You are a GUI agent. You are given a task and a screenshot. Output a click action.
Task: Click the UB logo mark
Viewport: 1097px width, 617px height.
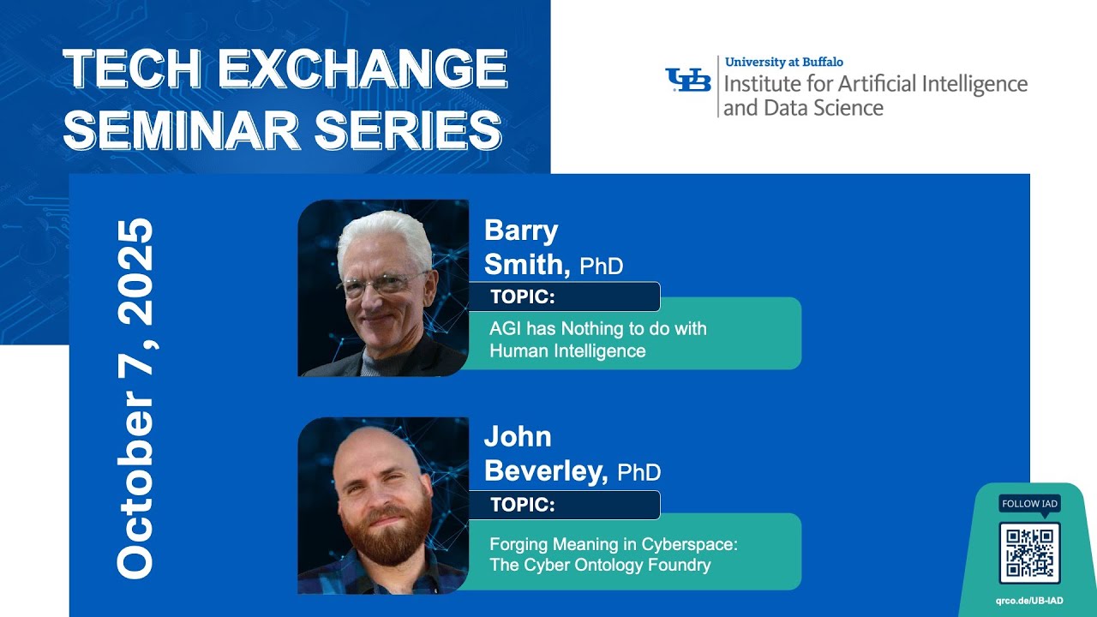[688, 80]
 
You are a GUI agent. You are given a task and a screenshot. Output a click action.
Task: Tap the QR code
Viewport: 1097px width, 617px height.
[1029, 553]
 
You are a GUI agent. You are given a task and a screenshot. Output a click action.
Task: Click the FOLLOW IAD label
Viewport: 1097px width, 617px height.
[1029, 504]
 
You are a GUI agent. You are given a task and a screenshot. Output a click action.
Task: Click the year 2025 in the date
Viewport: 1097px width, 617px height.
[135, 273]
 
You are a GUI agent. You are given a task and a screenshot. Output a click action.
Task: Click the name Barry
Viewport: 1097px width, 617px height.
[521, 231]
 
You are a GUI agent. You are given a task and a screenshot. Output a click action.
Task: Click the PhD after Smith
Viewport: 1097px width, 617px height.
[602, 267]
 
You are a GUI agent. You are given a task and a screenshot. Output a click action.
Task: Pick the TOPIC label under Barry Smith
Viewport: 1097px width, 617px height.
[523, 297]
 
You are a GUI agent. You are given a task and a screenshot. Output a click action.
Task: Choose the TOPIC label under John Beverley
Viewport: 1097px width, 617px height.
[523, 506]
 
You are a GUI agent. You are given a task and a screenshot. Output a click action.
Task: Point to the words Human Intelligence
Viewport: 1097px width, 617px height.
[567, 350]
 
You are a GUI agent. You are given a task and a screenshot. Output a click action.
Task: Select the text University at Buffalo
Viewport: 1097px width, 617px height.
[783, 62]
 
